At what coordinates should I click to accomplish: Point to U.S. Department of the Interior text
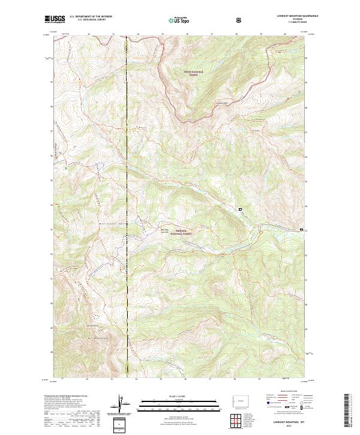(x=91, y=17)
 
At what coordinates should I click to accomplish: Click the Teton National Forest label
(x=194, y=73)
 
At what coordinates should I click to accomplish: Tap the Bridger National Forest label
(x=179, y=231)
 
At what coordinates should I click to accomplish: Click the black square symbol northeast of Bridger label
(x=241, y=209)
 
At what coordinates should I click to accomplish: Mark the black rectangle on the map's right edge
(x=302, y=229)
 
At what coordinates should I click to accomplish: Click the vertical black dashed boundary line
(x=127, y=210)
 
